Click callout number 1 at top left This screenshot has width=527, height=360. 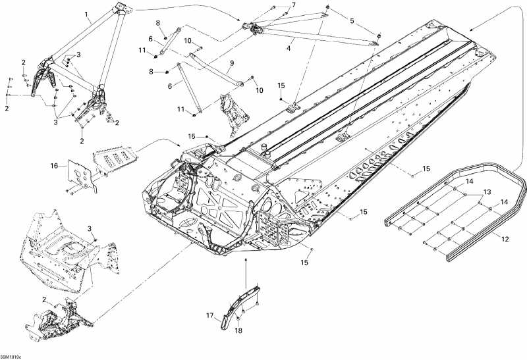pos(86,14)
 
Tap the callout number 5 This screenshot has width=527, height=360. pos(351,21)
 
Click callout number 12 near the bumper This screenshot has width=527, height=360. pos(505,240)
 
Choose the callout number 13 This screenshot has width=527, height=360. pos(487,192)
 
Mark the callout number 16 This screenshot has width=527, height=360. pos(54,167)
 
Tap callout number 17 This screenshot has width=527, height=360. pos(210,316)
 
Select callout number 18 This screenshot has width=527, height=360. pos(238,330)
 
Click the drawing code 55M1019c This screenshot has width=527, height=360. pos(11,355)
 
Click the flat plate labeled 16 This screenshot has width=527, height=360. pos(82,172)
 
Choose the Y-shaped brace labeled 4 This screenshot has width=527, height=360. pos(310,30)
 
